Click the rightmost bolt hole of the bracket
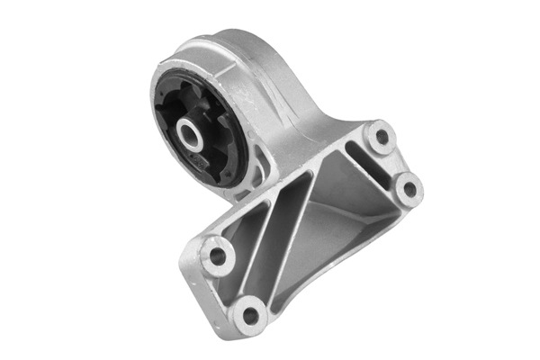pos(407,189)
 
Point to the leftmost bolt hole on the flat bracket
pos(217,256)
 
